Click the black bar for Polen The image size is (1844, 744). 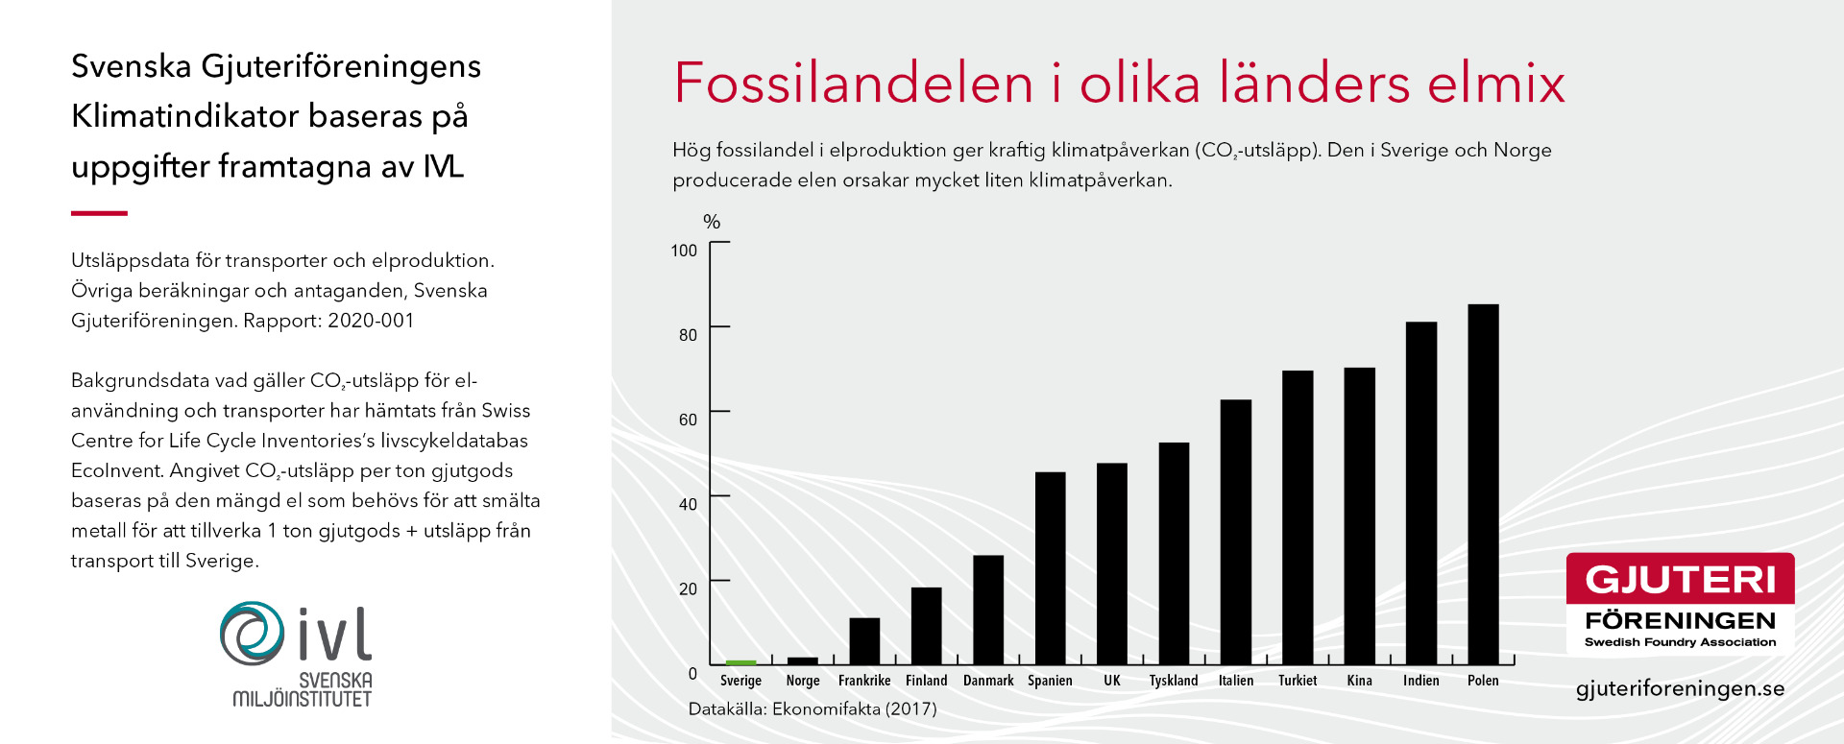point(1483,484)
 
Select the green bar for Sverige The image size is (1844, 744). point(740,662)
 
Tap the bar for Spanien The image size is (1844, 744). point(1050,567)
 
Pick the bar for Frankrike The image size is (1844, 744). point(864,640)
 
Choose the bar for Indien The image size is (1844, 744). point(1421,492)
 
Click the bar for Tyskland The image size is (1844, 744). point(1174,553)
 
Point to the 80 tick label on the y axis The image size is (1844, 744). point(688,335)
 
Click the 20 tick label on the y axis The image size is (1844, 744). point(688,588)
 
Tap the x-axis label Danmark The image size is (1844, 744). point(988,681)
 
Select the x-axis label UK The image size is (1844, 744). point(1112,681)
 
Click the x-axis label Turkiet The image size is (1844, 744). point(1298,681)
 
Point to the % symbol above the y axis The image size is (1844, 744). point(712,222)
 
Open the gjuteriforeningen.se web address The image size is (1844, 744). point(1681,689)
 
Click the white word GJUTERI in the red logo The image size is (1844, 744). point(1681,580)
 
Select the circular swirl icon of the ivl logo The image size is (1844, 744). point(252,634)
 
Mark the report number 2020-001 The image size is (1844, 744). point(371,321)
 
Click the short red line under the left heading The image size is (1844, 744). point(99,213)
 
